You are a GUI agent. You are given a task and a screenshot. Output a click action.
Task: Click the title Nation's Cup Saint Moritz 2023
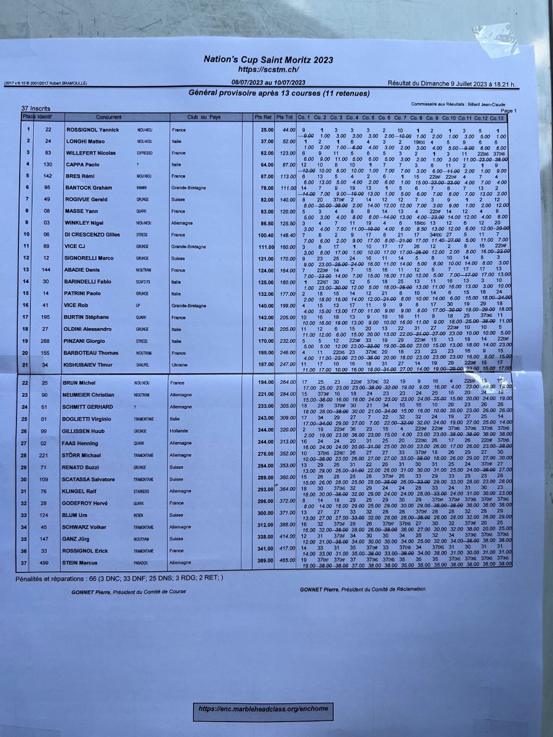pyautogui.click(x=269, y=60)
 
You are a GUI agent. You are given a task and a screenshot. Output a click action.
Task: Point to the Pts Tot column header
pyautogui.click(x=284, y=117)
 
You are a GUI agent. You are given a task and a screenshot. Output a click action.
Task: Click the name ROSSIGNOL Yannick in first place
pyautogui.click(x=92, y=130)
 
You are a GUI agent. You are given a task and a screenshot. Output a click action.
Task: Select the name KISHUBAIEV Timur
pyautogui.click(x=90, y=365)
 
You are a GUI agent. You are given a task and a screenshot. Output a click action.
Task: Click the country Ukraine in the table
pyautogui.click(x=179, y=365)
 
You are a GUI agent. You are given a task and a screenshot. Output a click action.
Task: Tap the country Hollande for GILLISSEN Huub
pyautogui.click(x=180, y=431)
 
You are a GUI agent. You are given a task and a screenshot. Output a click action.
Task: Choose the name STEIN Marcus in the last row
pyautogui.click(x=79, y=563)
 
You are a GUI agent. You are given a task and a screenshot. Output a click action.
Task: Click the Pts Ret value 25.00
pyautogui.click(x=267, y=130)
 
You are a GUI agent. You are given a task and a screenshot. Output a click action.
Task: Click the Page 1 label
pyautogui.click(x=509, y=111)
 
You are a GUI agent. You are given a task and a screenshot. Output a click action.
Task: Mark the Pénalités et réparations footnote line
pyautogui.click(x=119, y=578)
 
